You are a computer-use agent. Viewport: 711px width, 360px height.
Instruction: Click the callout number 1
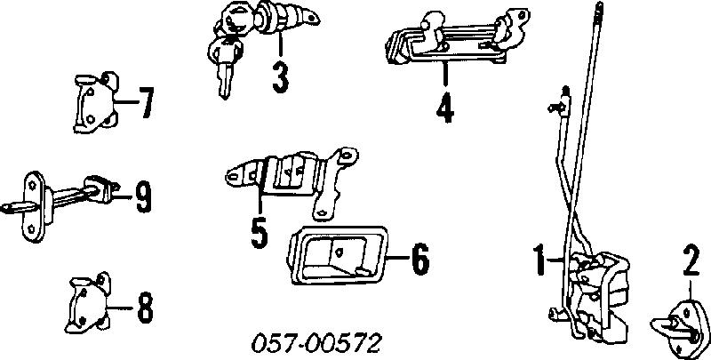click(x=539, y=260)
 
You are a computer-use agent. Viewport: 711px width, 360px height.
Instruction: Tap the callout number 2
click(x=691, y=260)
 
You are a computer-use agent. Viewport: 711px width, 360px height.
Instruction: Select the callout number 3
click(x=281, y=77)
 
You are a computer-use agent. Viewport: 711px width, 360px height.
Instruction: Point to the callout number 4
click(x=445, y=108)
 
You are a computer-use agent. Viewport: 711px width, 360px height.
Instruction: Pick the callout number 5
click(x=260, y=232)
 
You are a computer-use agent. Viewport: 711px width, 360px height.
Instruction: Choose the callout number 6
click(x=419, y=259)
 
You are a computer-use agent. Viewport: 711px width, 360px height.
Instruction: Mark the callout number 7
click(x=145, y=103)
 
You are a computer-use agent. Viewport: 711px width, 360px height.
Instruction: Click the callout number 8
click(x=144, y=308)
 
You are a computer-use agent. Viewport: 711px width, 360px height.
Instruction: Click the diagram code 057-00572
click(x=316, y=343)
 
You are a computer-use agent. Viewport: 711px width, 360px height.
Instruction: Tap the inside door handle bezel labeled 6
click(x=339, y=255)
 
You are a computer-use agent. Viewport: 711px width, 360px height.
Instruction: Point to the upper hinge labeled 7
click(x=97, y=102)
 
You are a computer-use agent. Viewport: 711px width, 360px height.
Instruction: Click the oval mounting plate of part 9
click(x=33, y=207)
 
